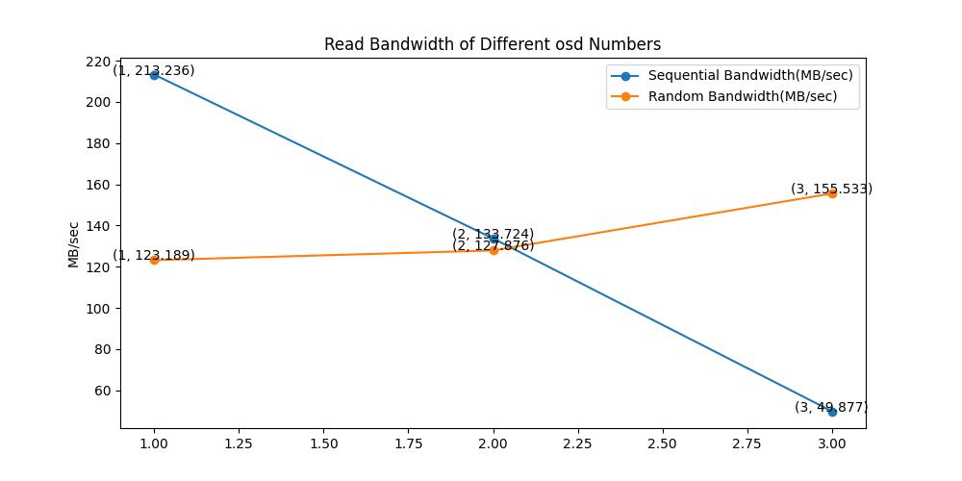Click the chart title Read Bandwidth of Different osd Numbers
coord(492,44)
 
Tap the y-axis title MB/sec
coord(74,244)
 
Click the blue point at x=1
coord(154,75)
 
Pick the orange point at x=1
coord(154,260)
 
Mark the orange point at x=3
coord(832,193)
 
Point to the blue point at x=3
coord(832,412)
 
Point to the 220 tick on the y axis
coord(99,62)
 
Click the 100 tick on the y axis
coord(99,308)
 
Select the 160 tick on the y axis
coord(99,185)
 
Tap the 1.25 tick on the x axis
coord(239,444)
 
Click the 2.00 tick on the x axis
coord(494,444)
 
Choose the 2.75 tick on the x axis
coord(747,444)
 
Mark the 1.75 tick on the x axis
coord(408,444)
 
